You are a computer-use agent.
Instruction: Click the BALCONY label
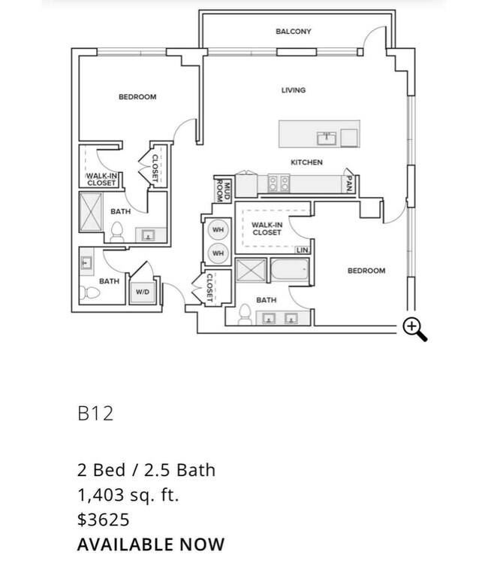293,32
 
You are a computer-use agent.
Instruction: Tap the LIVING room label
294,90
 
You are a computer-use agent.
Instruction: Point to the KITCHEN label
306,162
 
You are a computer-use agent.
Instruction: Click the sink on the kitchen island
325,138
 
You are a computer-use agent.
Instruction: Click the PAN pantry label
349,183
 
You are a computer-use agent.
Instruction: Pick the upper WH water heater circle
218,230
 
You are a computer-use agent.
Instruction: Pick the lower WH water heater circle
218,253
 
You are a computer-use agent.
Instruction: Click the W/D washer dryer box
142,293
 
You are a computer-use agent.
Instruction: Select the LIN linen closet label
303,250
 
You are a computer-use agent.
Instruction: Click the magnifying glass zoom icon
414,329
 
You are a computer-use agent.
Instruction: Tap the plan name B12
95,413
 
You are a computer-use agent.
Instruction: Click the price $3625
104,520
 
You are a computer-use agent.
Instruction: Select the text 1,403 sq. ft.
128,495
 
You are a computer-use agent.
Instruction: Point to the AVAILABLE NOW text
150,544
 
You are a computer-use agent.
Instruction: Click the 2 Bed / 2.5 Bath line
146,470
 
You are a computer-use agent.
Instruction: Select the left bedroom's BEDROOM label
137,97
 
